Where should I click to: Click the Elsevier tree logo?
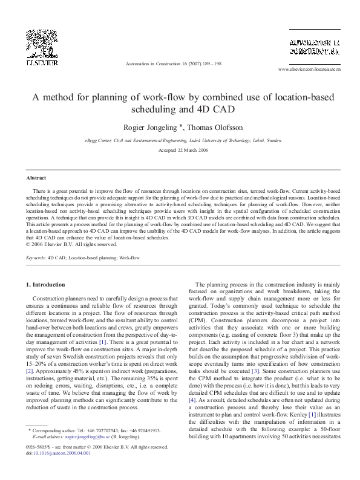[41, 43]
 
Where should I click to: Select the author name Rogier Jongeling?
[147, 128]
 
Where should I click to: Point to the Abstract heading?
[36, 178]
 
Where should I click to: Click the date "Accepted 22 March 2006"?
[180, 150]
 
